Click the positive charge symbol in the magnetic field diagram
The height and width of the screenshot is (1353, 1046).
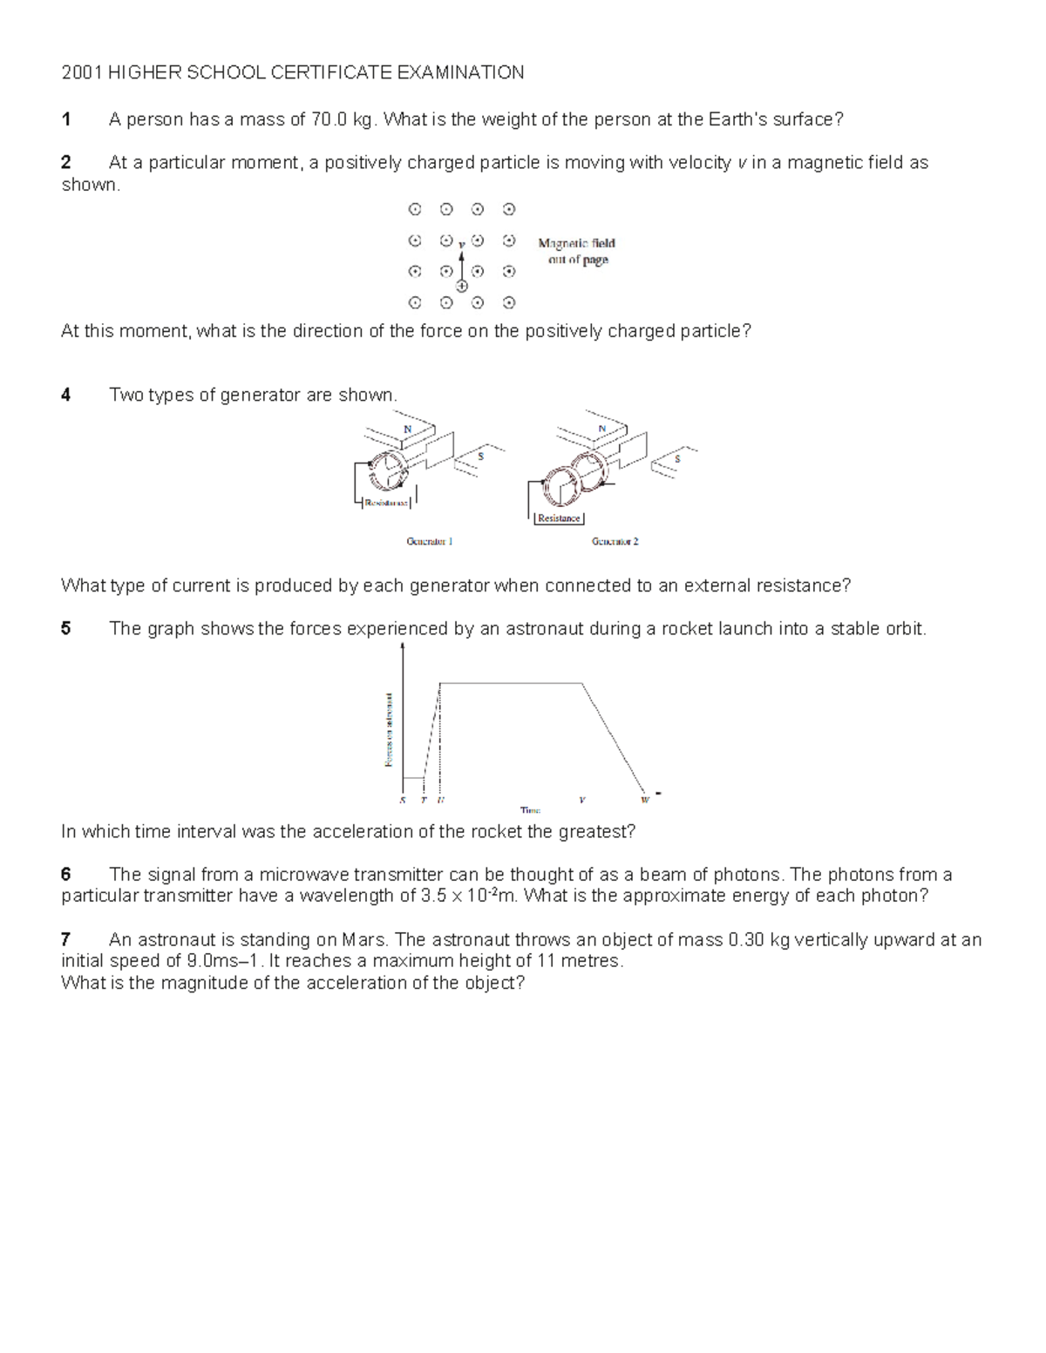(x=462, y=286)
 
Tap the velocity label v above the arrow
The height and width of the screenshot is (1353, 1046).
(x=461, y=244)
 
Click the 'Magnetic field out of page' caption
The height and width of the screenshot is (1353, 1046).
(x=576, y=252)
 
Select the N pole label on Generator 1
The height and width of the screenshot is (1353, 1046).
(x=407, y=429)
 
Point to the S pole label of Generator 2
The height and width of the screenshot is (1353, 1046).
(x=678, y=458)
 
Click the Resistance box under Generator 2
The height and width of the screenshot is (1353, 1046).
(x=559, y=518)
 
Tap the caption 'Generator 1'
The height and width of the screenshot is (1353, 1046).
(x=429, y=541)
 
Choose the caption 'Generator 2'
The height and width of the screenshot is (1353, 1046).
(x=615, y=541)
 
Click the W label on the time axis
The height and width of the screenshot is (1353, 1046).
(x=645, y=799)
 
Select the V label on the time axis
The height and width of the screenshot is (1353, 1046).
(x=581, y=799)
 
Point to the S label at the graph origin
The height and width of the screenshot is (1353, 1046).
(x=402, y=799)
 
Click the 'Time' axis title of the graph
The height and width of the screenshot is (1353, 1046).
(x=530, y=810)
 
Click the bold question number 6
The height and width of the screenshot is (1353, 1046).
(x=66, y=875)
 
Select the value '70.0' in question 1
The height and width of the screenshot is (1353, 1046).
(x=329, y=120)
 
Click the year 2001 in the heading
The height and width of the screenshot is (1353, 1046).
(x=81, y=72)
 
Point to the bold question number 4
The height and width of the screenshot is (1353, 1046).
(x=66, y=395)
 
